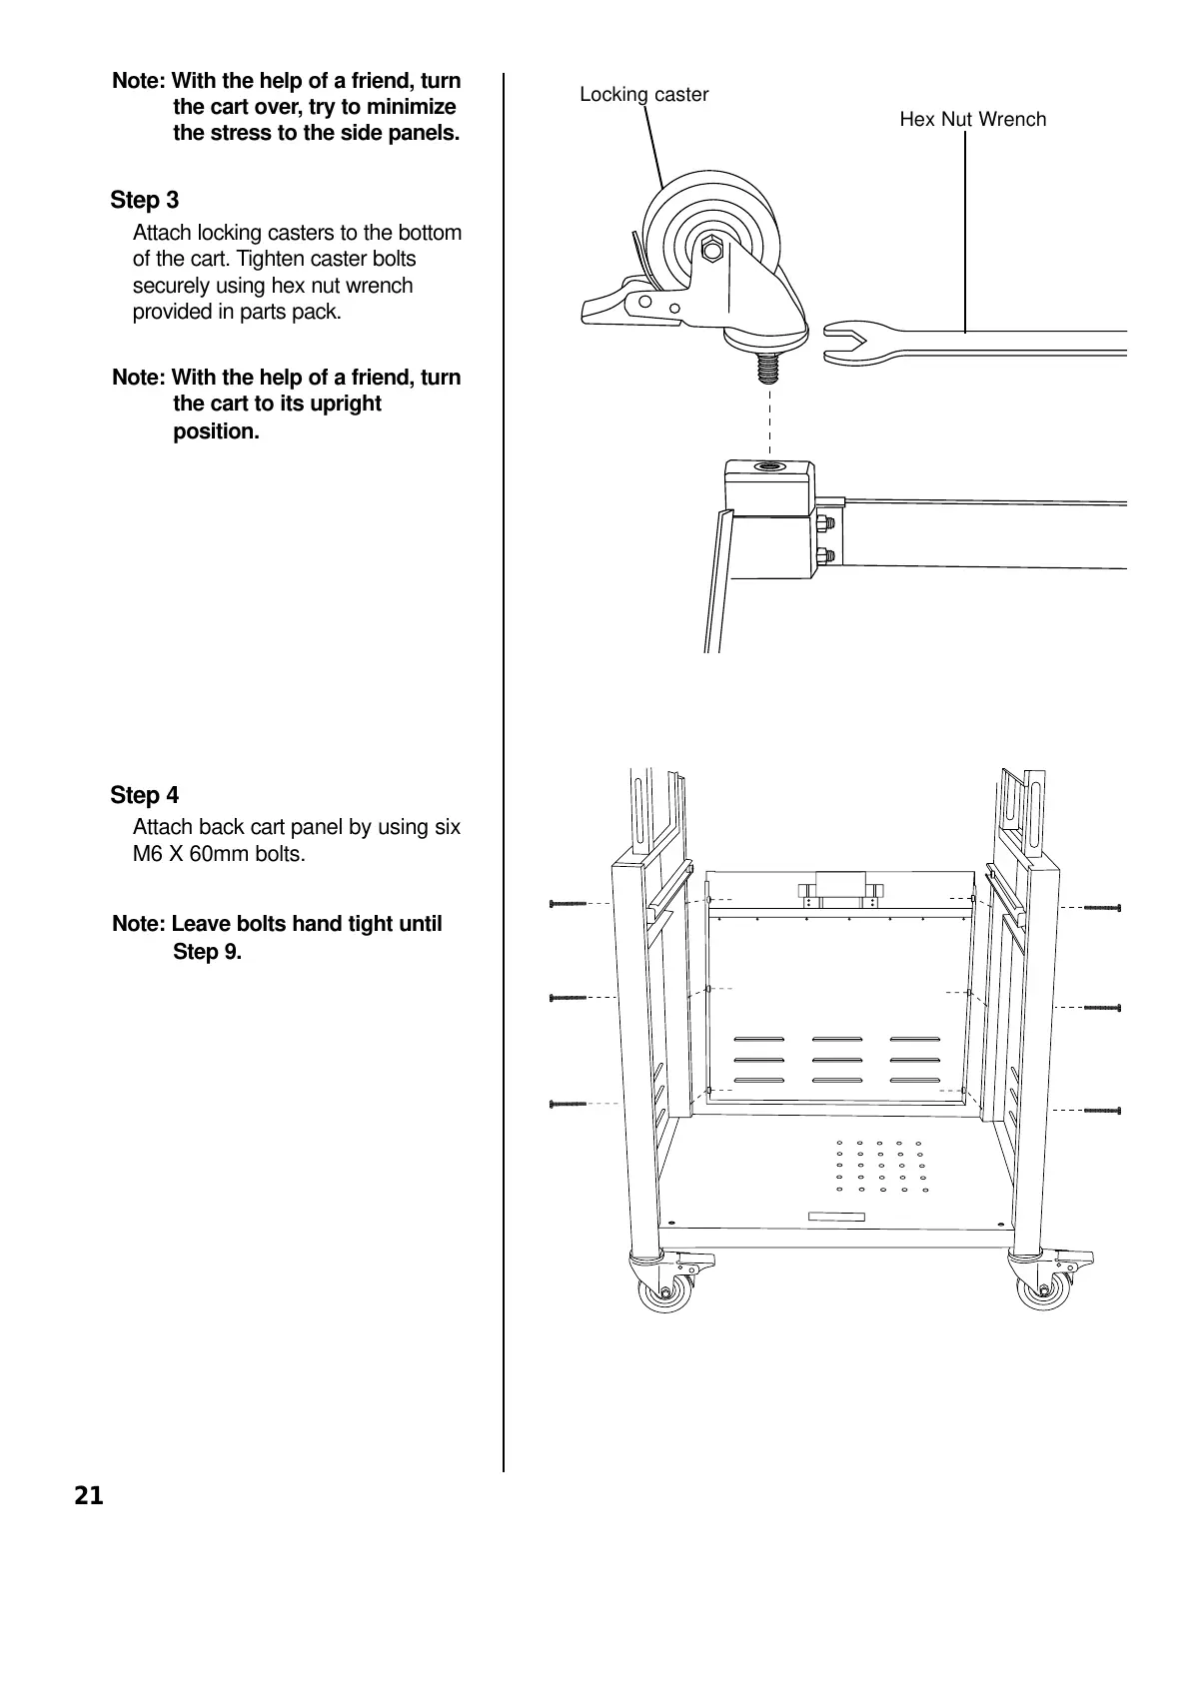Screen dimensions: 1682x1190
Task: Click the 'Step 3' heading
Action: (x=145, y=201)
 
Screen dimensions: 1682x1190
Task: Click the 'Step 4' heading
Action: (x=145, y=796)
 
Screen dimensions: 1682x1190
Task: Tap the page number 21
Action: (x=88, y=1496)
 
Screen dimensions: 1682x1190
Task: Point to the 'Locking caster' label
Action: (x=643, y=95)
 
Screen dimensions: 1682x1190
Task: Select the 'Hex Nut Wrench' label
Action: (x=972, y=120)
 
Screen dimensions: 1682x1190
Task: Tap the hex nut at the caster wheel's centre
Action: (x=711, y=249)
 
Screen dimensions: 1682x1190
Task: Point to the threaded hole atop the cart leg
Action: (x=769, y=467)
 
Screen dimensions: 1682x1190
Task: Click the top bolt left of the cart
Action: (x=568, y=904)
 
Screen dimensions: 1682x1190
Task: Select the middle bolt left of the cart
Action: (x=568, y=998)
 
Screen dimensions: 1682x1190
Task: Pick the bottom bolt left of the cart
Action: (x=568, y=1104)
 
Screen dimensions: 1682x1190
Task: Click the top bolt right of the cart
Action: (x=1102, y=908)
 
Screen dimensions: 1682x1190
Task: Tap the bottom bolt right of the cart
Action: (x=1102, y=1110)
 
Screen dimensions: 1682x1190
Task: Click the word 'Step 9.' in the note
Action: (x=207, y=952)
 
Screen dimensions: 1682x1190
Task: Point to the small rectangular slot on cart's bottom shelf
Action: (x=835, y=1216)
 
